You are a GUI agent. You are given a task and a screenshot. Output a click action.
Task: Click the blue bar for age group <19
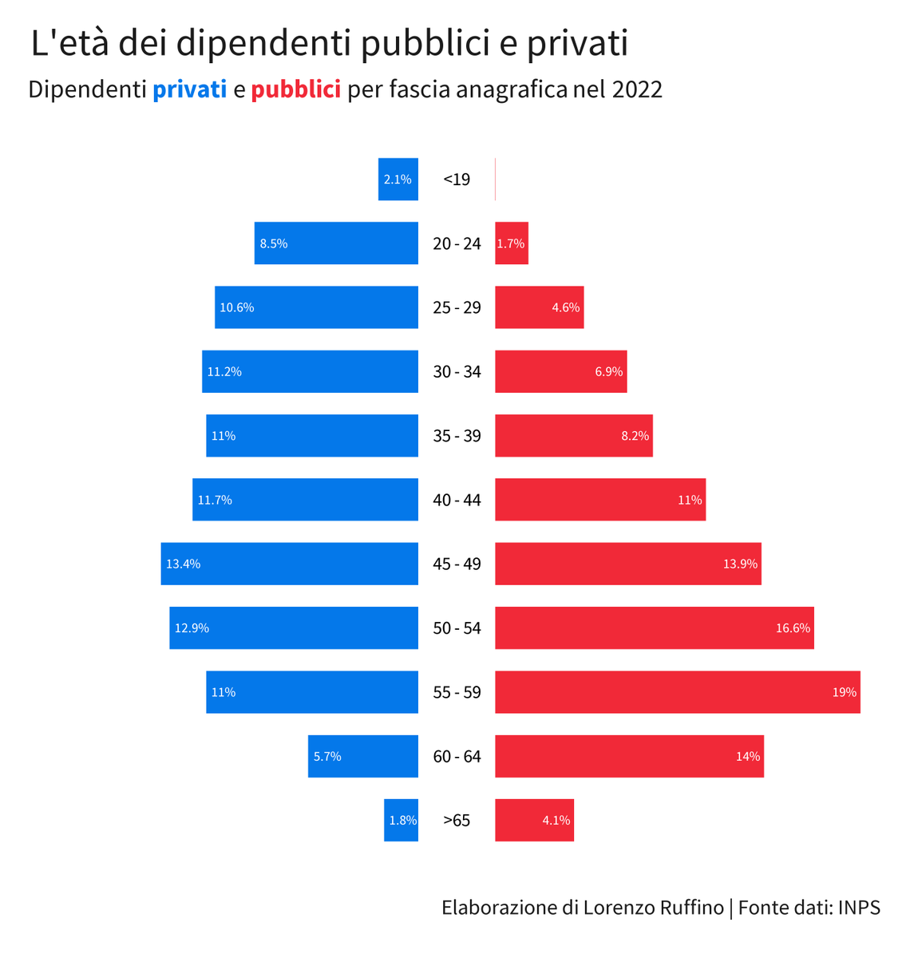(398, 180)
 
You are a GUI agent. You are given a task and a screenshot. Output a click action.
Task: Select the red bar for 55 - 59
(677, 692)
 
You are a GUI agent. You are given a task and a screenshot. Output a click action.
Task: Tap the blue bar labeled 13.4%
(289, 564)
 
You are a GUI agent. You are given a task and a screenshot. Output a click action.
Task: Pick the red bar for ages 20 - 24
(512, 243)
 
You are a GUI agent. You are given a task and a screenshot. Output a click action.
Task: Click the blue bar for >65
(401, 820)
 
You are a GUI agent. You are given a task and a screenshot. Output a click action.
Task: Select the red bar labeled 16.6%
(654, 628)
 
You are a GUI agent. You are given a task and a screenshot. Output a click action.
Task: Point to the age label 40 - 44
(457, 500)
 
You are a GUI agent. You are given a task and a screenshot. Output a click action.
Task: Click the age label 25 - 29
(457, 307)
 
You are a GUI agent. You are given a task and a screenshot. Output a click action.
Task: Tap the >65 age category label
(457, 820)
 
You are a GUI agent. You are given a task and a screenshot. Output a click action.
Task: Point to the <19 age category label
(457, 180)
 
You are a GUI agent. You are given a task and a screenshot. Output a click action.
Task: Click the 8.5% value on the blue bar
(274, 243)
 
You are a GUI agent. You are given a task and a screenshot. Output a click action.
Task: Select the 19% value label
(844, 692)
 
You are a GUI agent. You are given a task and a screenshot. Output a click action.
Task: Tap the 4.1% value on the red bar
(556, 820)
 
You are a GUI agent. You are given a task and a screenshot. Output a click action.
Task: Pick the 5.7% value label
(327, 756)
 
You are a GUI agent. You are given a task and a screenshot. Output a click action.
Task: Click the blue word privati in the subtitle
(189, 89)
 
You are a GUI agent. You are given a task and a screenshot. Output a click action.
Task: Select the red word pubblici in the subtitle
(295, 89)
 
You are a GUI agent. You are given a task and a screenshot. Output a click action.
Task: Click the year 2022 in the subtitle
(637, 89)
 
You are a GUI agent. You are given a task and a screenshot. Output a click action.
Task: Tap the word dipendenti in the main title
(263, 43)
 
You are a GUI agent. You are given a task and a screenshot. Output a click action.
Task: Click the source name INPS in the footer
(859, 908)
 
